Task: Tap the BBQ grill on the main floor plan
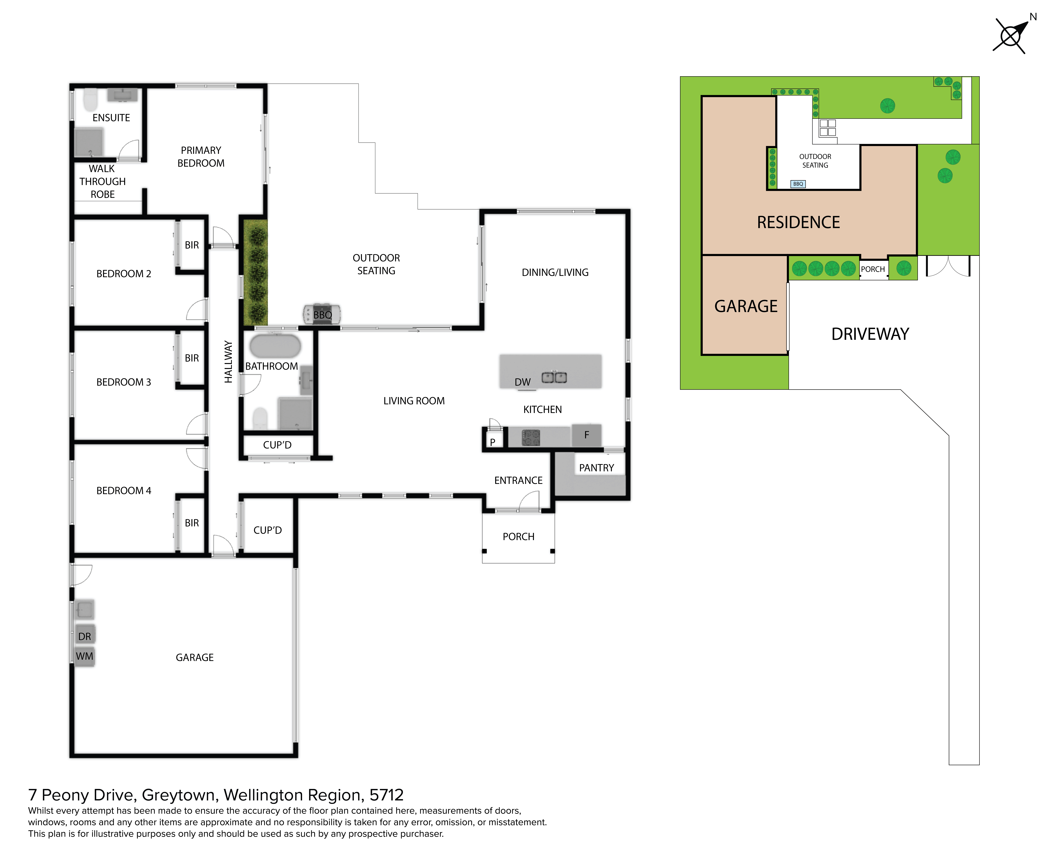pyautogui.click(x=322, y=314)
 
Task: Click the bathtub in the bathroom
pyautogui.click(x=275, y=346)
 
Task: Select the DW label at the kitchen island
pyautogui.click(x=523, y=382)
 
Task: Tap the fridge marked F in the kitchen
pyautogui.click(x=587, y=435)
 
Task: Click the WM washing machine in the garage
pyautogui.click(x=85, y=656)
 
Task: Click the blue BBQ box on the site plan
pyautogui.click(x=798, y=184)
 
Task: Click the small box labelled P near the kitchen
pyautogui.click(x=493, y=442)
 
